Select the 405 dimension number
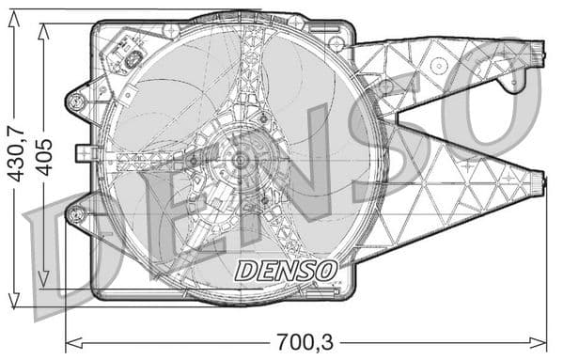point(44,154)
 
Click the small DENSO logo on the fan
point(286,271)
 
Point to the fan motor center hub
point(241,161)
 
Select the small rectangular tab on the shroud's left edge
point(82,151)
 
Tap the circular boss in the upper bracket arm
point(438,65)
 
